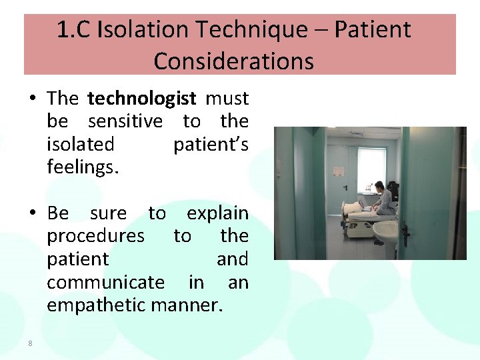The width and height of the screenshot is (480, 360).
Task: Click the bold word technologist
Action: tap(141, 99)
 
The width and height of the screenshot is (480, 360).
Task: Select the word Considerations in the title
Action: tap(233, 61)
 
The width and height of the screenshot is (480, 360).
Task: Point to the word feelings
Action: tap(83, 167)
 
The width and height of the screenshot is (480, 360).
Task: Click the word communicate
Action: tap(105, 282)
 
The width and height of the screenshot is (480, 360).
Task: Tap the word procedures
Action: tap(95, 236)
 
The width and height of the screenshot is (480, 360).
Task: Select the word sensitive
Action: tap(125, 121)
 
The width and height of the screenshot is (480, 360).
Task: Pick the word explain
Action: tap(217, 213)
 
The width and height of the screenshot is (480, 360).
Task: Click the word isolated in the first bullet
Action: tap(81, 144)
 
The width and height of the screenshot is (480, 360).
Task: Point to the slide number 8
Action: tap(30, 343)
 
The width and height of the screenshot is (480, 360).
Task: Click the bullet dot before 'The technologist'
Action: tap(33, 99)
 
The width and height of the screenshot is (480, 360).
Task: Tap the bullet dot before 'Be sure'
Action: tap(33, 214)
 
